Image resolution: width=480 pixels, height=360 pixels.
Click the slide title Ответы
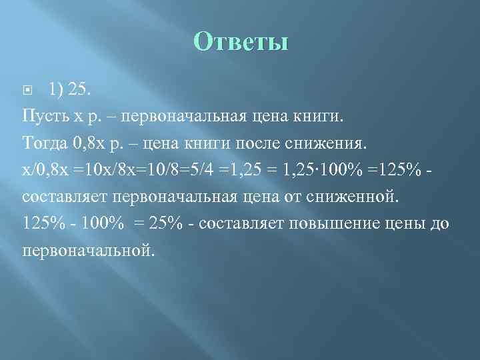(241, 43)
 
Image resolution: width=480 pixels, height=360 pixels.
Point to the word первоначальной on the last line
(87, 251)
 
